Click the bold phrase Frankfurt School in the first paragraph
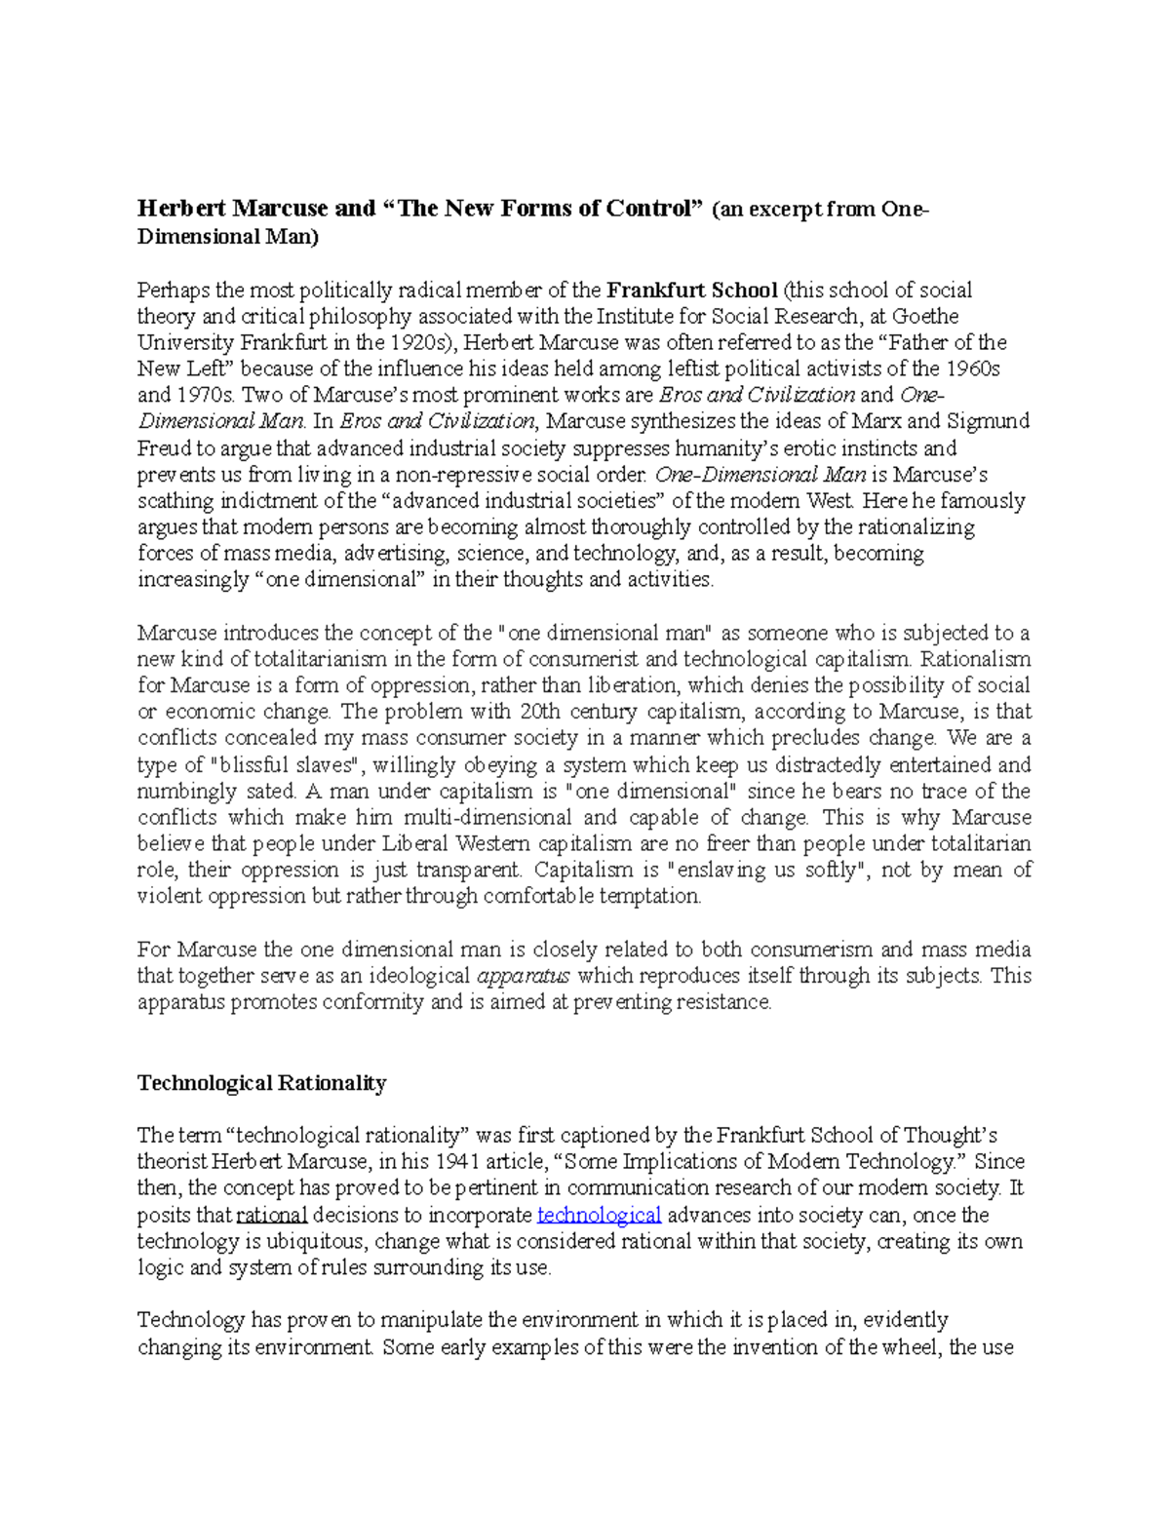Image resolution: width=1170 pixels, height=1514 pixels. pos(691,291)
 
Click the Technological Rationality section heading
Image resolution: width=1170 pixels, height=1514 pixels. pos(261,1083)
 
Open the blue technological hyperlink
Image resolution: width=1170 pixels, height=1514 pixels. pos(599,1216)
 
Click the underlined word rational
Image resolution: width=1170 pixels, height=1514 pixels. pos(272,1216)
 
